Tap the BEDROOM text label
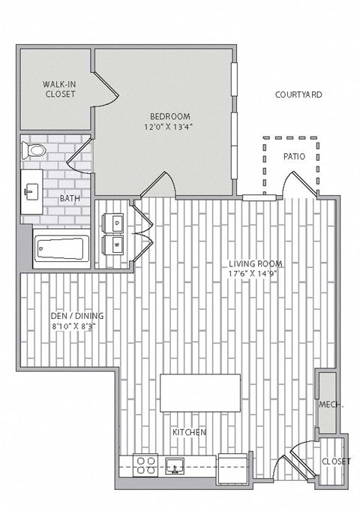point(170,116)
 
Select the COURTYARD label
point(298,95)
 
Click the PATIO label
point(293,157)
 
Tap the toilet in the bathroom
point(34,151)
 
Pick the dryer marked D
point(117,223)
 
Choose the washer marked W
point(117,245)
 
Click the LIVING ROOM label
point(256,263)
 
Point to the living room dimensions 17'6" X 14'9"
point(256,274)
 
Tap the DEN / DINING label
point(78,316)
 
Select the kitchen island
point(200,392)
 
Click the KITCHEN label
point(189,433)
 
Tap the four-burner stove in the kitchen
point(144,464)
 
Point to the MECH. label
point(330,405)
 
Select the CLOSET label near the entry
point(335,461)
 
